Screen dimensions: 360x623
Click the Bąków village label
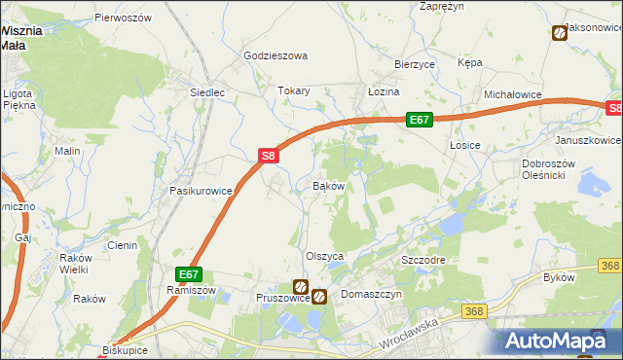point(328,185)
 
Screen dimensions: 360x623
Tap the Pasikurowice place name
point(202,191)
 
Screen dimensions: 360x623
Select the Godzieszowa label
point(275,56)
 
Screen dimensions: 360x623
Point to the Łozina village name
point(384,91)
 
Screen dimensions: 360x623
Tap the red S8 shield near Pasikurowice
point(270,155)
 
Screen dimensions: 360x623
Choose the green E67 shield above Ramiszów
point(189,275)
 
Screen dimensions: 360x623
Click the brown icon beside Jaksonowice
point(559,34)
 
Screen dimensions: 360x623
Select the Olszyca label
point(326,256)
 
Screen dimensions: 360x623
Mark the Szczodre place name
point(423,262)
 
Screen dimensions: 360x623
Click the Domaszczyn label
point(371,293)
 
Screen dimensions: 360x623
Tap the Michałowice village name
point(513,95)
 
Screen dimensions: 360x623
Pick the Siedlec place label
point(207,93)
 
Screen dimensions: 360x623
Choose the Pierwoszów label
point(123,18)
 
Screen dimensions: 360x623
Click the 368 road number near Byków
point(610,266)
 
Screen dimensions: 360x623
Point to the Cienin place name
point(122,245)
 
